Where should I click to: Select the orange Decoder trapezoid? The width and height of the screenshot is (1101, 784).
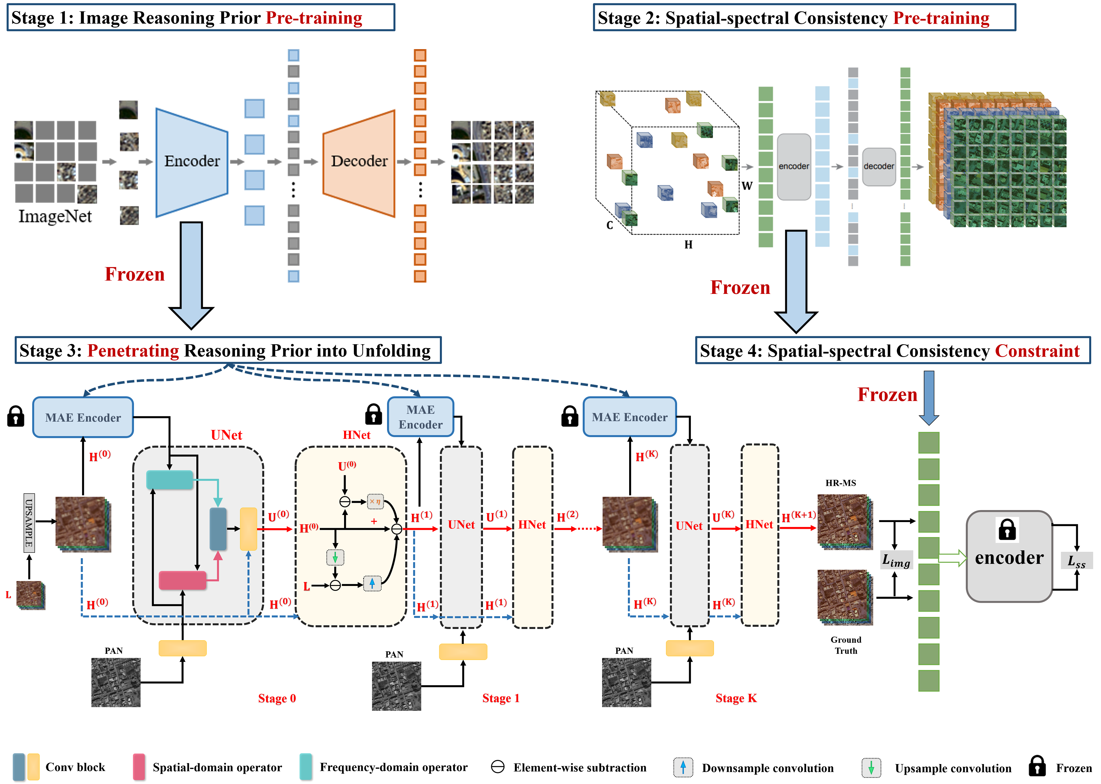coord(359,162)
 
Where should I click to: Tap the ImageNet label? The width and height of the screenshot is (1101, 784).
coord(55,216)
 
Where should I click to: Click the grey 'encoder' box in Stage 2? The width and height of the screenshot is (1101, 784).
coord(793,166)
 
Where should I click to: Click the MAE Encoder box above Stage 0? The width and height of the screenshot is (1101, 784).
coord(83,418)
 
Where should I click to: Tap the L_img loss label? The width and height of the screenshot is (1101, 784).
coord(896,560)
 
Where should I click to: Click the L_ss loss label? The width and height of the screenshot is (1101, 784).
coord(1076,561)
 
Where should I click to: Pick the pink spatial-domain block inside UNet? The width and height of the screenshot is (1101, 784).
coord(182,580)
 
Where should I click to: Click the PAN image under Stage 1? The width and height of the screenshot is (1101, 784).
coord(396,685)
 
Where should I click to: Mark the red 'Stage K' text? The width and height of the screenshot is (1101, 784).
coord(736,698)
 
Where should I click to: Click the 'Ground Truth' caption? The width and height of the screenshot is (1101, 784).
coord(845,645)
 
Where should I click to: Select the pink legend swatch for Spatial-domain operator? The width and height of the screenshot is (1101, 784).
coord(139,766)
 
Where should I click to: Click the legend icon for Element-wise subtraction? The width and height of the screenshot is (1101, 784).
coord(497,766)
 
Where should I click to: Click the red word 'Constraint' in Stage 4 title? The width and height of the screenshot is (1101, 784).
coord(1037,351)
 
